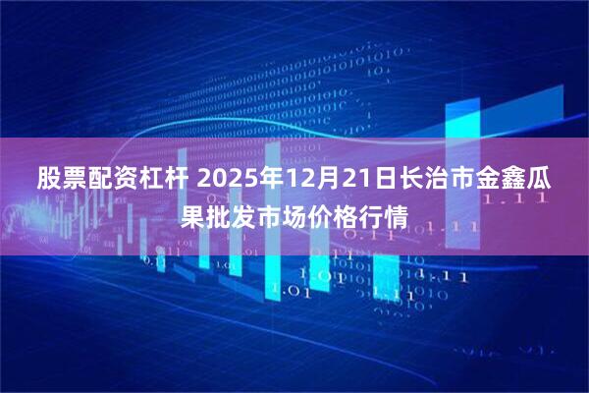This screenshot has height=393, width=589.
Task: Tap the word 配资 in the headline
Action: (x=103, y=181)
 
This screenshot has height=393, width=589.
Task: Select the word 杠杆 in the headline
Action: (x=148, y=181)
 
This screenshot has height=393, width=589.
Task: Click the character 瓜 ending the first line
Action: (x=539, y=181)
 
